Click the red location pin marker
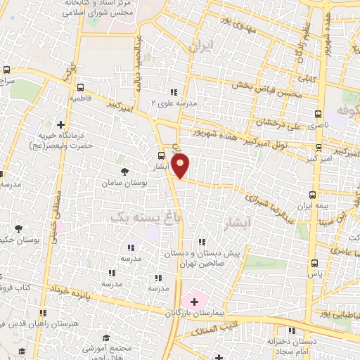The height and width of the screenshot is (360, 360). pyautogui.click(x=181, y=165)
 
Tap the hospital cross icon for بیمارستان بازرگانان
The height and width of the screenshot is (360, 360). pyautogui.click(x=195, y=301)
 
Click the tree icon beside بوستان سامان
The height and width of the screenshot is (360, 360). pyautogui.click(x=125, y=172)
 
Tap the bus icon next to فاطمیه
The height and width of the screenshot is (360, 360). pyautogui.click(x=81, y=88)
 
